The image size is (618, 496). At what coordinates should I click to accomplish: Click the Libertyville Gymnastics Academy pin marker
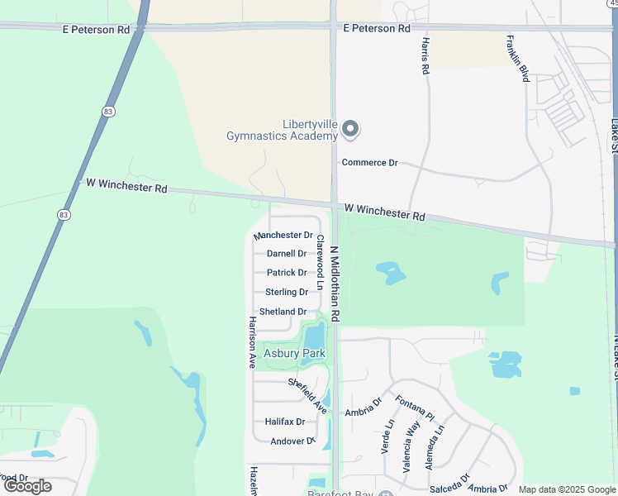point(351,129)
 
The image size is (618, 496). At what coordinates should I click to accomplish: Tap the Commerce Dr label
point(369,163)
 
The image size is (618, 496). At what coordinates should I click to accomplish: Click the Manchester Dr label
point(283,236)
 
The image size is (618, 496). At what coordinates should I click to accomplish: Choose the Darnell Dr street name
point(287,254)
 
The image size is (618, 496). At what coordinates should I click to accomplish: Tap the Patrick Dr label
point(287,273)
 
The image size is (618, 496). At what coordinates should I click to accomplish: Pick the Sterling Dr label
point(287,292)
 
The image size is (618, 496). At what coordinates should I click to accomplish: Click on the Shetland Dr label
point(283,312)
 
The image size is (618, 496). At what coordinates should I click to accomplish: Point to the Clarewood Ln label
point(320,261)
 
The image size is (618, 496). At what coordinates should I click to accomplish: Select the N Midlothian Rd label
point(335,284)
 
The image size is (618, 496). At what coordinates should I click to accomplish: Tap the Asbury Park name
point(294,354)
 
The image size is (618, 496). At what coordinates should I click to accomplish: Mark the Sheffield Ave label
point(308,395)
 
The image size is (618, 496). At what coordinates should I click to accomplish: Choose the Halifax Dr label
point(284,422)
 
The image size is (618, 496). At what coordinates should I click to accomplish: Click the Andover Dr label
point(292,441)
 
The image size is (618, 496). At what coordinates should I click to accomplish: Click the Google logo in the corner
point(28,485)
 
